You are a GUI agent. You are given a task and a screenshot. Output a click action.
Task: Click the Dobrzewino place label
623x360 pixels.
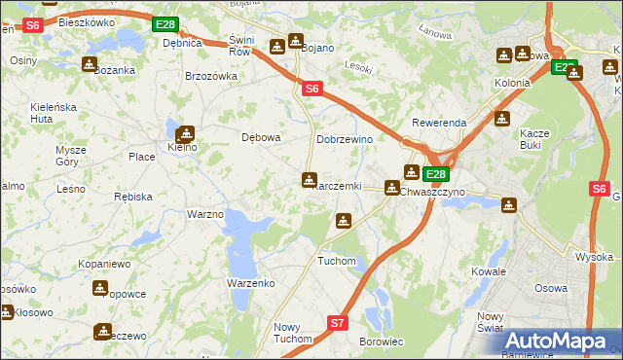click(x=345, y=139)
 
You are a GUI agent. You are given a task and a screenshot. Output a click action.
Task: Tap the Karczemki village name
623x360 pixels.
click(x=336, y=186)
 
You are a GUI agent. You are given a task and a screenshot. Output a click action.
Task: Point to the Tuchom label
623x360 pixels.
click(x=337, y=261)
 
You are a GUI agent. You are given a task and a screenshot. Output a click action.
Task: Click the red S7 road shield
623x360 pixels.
click(x=337, y=322)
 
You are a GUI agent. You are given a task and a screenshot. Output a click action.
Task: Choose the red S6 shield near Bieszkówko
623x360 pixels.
click(x=31, y=25)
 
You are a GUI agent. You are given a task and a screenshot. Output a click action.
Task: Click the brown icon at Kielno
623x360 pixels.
click(x=184, y=134)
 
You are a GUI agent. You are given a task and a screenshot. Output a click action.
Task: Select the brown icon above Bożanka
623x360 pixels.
click(x=90, y=64)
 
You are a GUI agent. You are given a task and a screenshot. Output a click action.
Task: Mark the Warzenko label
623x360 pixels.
click(x=250, y=282)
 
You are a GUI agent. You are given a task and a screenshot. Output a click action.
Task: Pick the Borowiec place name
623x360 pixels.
click(x=382, y=342)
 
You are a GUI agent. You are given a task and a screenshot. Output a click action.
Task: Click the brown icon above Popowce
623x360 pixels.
click(x=100, y=288)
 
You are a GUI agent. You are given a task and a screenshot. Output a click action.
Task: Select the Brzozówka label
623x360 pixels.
click(x=211, y=76)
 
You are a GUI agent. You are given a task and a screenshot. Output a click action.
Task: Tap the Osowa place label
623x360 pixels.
click(x=552, y=288)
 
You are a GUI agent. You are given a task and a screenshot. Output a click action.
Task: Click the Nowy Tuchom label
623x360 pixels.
click(x=293, y=333)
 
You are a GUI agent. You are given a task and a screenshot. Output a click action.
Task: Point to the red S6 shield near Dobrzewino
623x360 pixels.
click(x=311, y=89)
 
